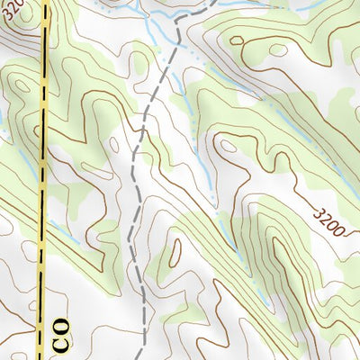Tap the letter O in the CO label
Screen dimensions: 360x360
[x=61, y=322]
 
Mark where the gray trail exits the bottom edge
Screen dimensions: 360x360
[x=144, y=358]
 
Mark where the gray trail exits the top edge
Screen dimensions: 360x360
[x=211, y=2]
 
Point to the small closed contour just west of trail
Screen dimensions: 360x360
[x=114, y=144]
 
